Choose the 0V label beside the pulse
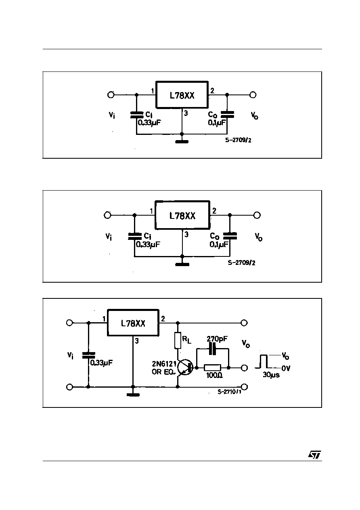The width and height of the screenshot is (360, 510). click(x=286, y=368)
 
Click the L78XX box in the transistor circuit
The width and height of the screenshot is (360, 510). click(x=133, y=323)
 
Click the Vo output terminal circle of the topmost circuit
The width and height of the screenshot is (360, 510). click(x=253, y=95)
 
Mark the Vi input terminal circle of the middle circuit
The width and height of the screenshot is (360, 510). click(x=107, y=215)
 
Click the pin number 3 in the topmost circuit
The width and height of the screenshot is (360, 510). click(x=186, y=113)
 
